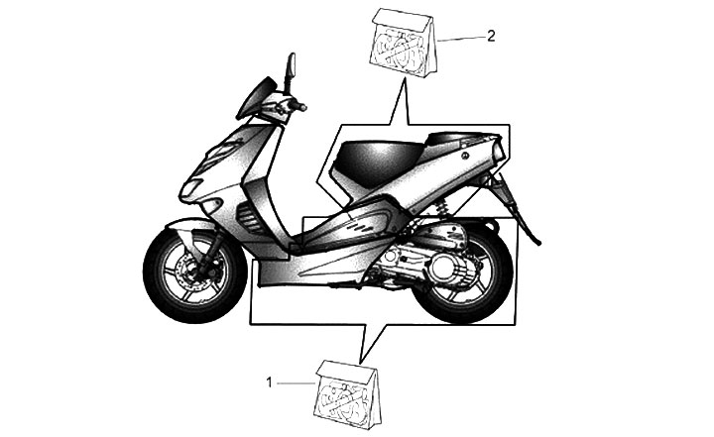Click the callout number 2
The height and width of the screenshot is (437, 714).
click(492, 36)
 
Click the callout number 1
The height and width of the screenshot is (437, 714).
click(268, 381)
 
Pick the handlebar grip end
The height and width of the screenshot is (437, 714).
click(301, 106)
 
